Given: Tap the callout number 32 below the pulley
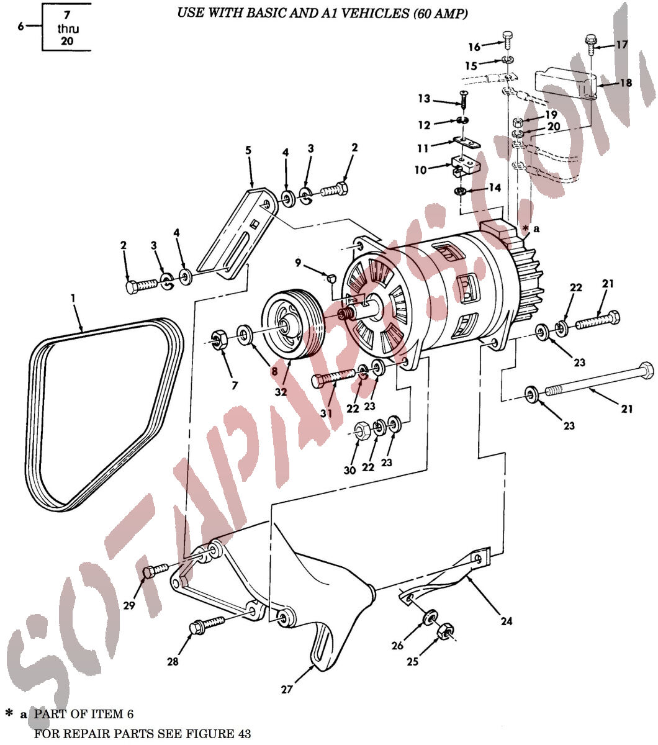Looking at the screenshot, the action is pyautogui.click(x=281, y=392).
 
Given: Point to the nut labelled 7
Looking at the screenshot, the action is pyautogui.click(x=219, y=339).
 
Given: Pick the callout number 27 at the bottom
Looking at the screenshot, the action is pyautogui.click(x=287, y=690).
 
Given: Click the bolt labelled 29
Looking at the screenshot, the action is pyautogui.click(x=156, y=571).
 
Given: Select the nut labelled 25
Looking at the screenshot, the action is pyautogui.click(x=446, y=631).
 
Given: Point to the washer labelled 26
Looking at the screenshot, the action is pyautogui.click(x=430, y=617).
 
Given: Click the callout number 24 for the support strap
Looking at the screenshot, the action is pyautogui.click(x=507, y=621).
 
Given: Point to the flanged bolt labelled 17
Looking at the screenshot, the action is pyautogui.click(x=591, y=44).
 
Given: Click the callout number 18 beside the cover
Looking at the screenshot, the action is pyautogui.click(x=626, y=83).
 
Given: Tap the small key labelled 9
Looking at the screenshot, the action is pyautogui.click(x=330, y=277).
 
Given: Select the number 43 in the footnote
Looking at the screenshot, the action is pyautogui.click(x=244, y=734).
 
